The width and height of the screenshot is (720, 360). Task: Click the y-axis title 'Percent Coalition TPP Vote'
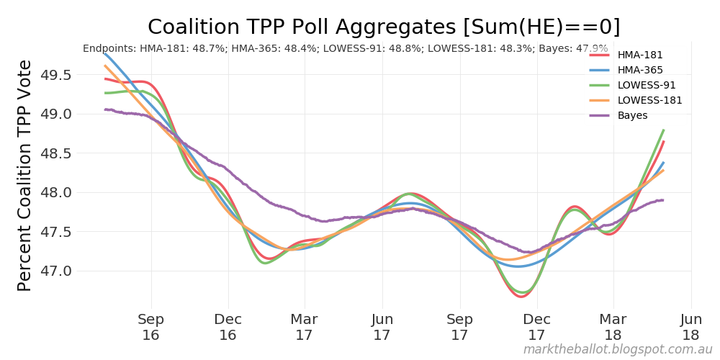(24, 175)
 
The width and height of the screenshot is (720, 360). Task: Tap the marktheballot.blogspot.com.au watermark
(617, 349)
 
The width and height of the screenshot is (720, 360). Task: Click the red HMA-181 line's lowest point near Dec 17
(521, 296)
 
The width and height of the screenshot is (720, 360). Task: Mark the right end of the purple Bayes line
(662, 200)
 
